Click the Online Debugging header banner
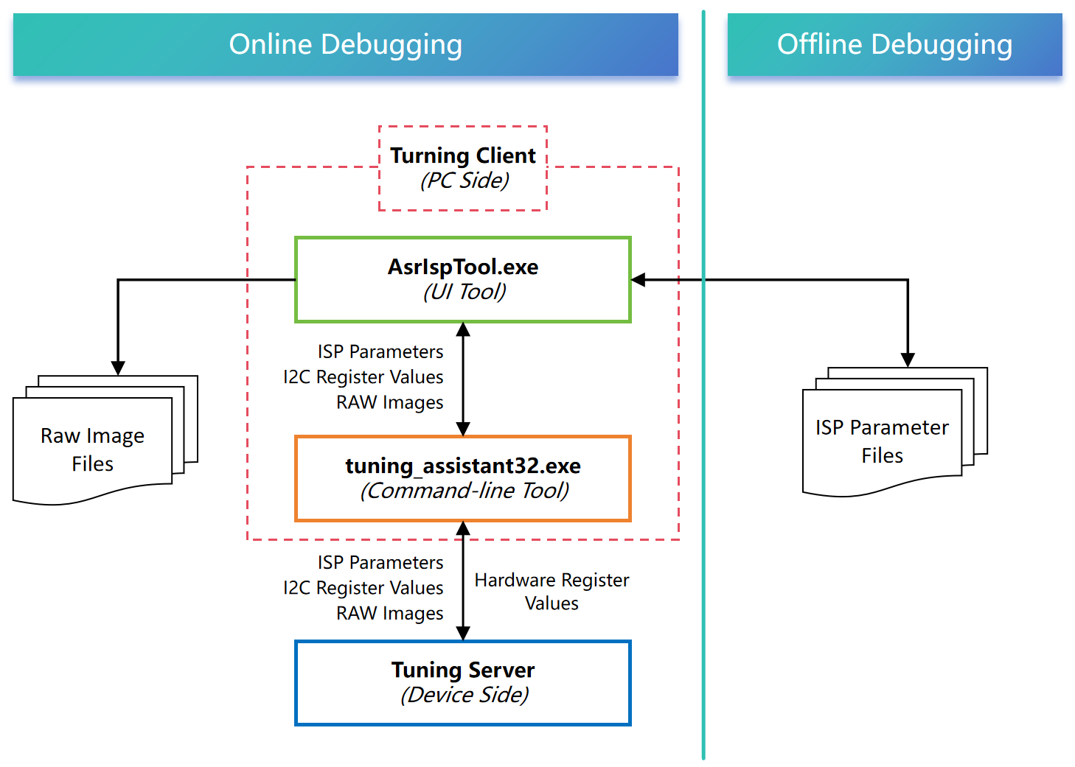point(345,44)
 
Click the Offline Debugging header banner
point(894,44)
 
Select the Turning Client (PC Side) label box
point(463,168)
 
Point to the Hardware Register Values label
point(552,592)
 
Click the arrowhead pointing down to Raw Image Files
point(118,368)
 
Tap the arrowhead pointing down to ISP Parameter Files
point(908,360)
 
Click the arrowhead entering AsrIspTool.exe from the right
point(639,280)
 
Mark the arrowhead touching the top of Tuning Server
point(463,633)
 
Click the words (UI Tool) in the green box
point(465,293)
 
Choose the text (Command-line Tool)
point(465,491)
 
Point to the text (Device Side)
point(465,696)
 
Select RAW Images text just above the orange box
point(390,403)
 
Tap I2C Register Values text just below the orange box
point(363,588)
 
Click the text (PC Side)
point(465,181)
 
